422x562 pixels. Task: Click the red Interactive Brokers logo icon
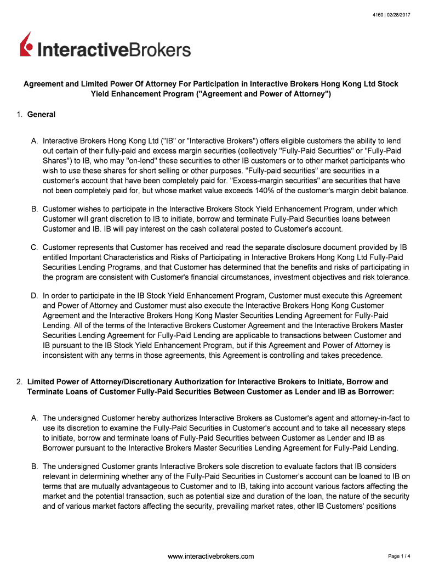[27, 45]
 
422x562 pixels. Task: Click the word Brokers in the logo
[161, 50]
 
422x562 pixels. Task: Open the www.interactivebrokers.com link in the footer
[210, 556]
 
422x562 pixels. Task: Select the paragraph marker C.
[35, 248]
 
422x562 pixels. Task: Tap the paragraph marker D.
[35, 296]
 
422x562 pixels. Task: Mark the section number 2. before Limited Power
[19, 381]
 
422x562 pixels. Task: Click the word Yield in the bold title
[101, 94]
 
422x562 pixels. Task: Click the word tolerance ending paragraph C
[391, 277]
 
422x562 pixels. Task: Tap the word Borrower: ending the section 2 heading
[375, 391]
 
